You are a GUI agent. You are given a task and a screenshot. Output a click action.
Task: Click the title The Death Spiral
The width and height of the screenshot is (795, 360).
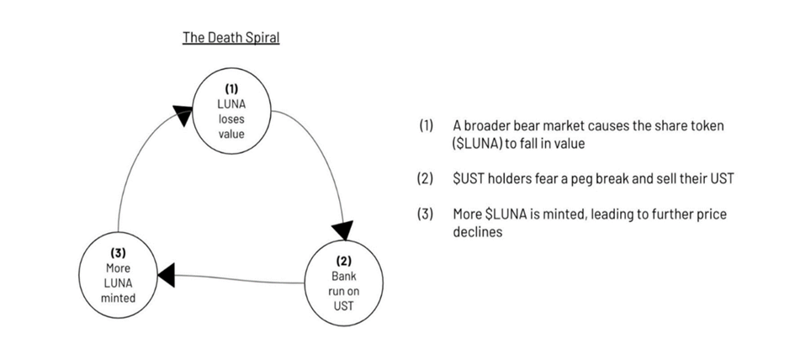tap(231, 38)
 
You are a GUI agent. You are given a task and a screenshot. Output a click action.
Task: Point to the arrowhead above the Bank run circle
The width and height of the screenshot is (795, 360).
tap(342, 230)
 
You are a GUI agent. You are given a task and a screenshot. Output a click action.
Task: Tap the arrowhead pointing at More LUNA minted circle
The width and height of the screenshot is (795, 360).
tap(166, 274)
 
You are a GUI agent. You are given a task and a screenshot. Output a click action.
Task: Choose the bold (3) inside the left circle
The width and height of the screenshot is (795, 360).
tap(118, 251)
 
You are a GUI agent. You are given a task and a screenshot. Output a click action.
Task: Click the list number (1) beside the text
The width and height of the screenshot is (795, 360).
tap(426, 125)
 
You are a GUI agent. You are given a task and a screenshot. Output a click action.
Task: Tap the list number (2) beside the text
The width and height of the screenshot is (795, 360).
tap(426, 178)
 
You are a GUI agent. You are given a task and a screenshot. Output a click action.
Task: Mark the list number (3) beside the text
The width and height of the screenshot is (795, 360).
tap(426, 214)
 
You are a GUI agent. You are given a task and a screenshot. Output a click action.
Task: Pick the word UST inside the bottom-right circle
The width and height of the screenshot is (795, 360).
tap(343, 306)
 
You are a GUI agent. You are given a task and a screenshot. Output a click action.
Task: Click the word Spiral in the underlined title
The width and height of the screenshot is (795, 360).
tap(260, 38)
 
